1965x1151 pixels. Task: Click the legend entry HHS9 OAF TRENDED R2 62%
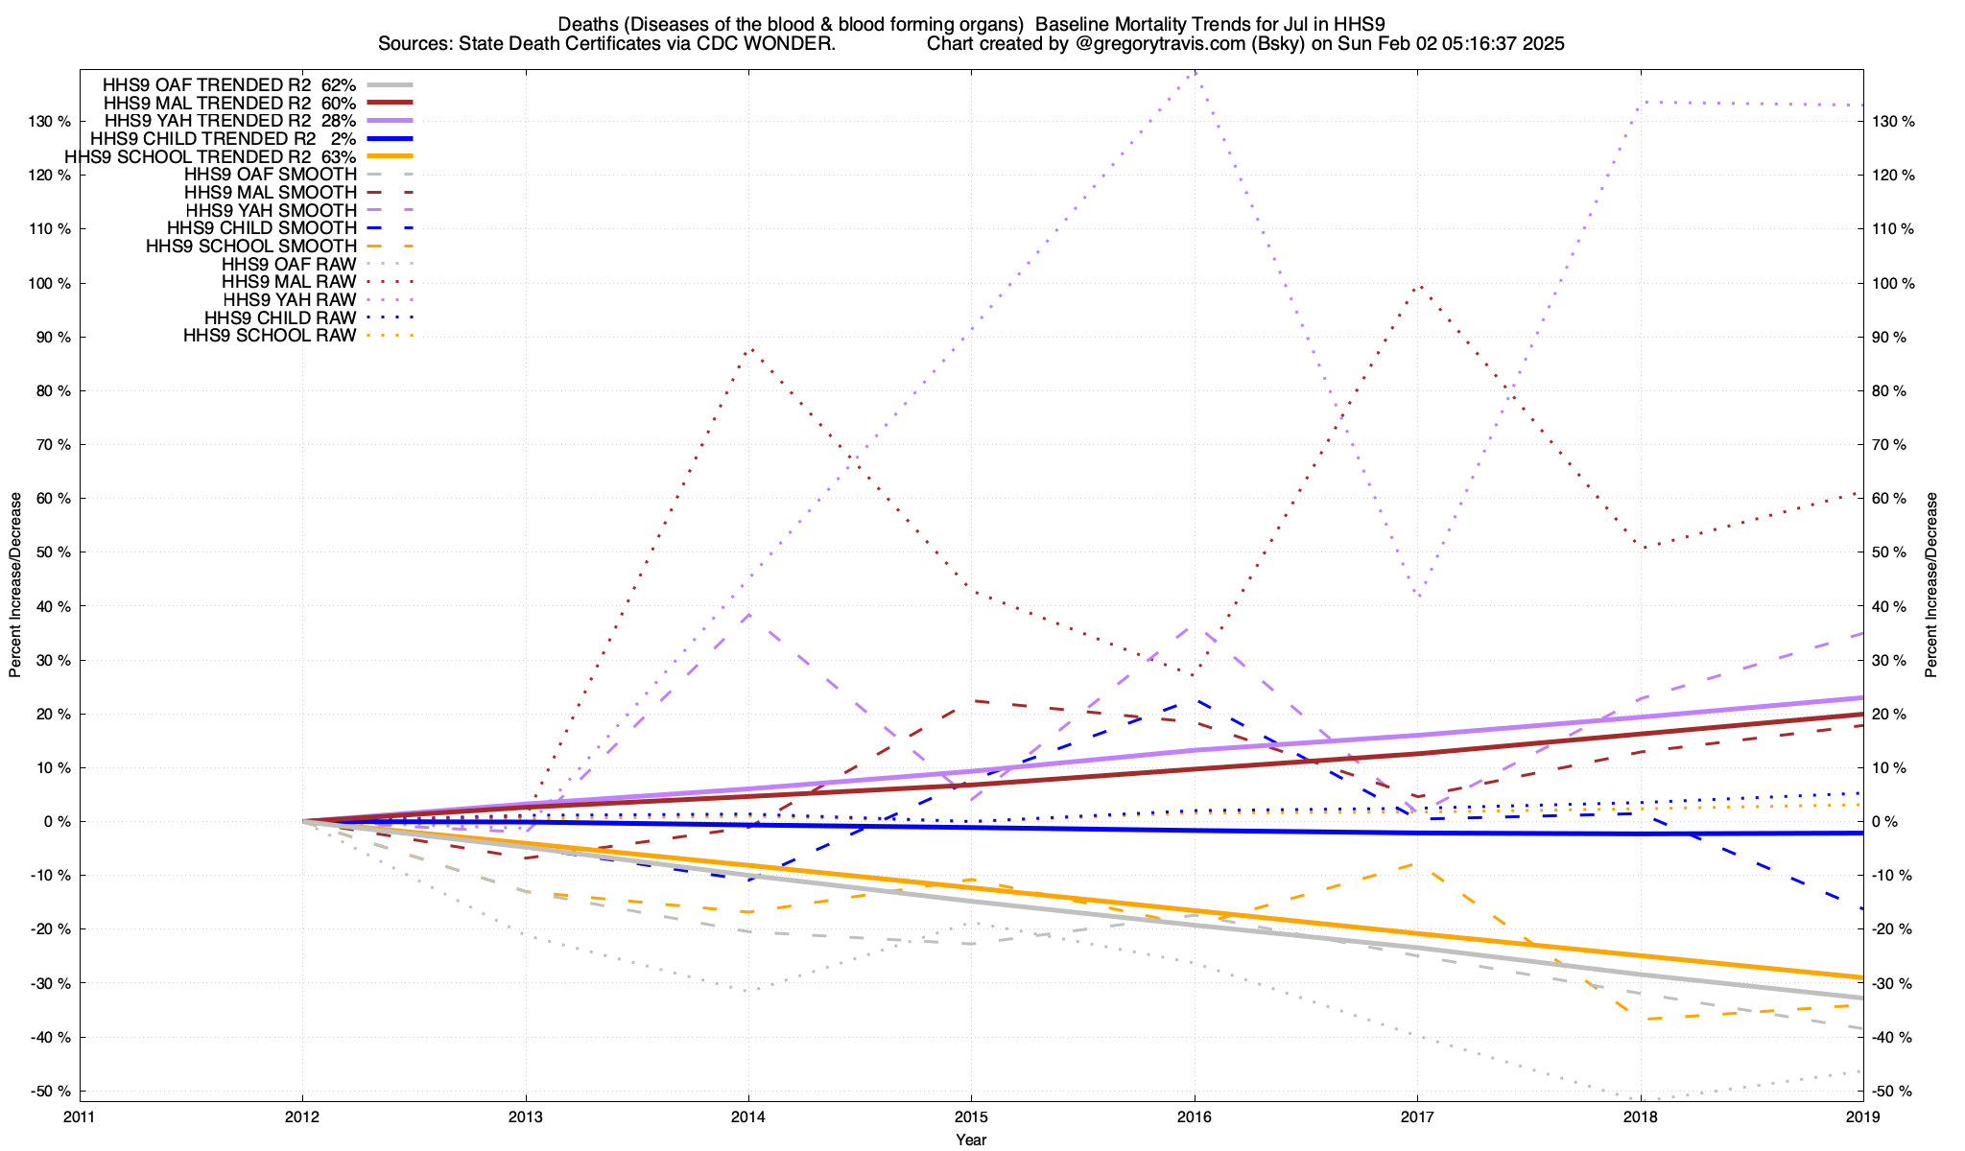tap(229, 84)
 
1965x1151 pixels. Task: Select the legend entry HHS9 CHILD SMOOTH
tap(261, 228)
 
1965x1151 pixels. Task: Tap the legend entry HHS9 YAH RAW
tap(289, 300)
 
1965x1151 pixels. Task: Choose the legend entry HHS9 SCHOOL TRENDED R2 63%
tap(210, 156)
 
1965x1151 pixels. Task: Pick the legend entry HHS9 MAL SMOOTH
tap(270, 193)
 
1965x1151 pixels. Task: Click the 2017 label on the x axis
tap(1417, 1116)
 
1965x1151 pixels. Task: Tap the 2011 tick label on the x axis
tap(80, 1116)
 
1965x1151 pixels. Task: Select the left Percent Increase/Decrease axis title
tap(15, 585)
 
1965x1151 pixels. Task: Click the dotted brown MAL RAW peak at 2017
tap(1418, 285)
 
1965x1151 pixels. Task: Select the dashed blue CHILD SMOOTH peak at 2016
tap(1193, 701)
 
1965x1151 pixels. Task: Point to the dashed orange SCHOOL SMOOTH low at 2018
tap(1639, 1019)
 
